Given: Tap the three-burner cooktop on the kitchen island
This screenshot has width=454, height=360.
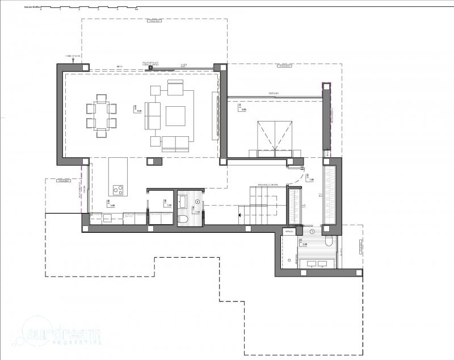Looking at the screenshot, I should click(118, 190).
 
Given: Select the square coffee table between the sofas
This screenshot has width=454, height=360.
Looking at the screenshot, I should click(175, 115).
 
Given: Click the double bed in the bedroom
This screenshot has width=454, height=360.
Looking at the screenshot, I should click(275, 138).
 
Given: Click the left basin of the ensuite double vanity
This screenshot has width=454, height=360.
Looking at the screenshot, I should click(311, 263).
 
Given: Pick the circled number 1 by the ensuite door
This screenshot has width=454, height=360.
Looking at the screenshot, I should click(312, 232).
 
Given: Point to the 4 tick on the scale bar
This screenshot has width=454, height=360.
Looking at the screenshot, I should click(117, 10).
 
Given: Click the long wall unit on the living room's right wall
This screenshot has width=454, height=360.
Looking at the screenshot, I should click(215, 116).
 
